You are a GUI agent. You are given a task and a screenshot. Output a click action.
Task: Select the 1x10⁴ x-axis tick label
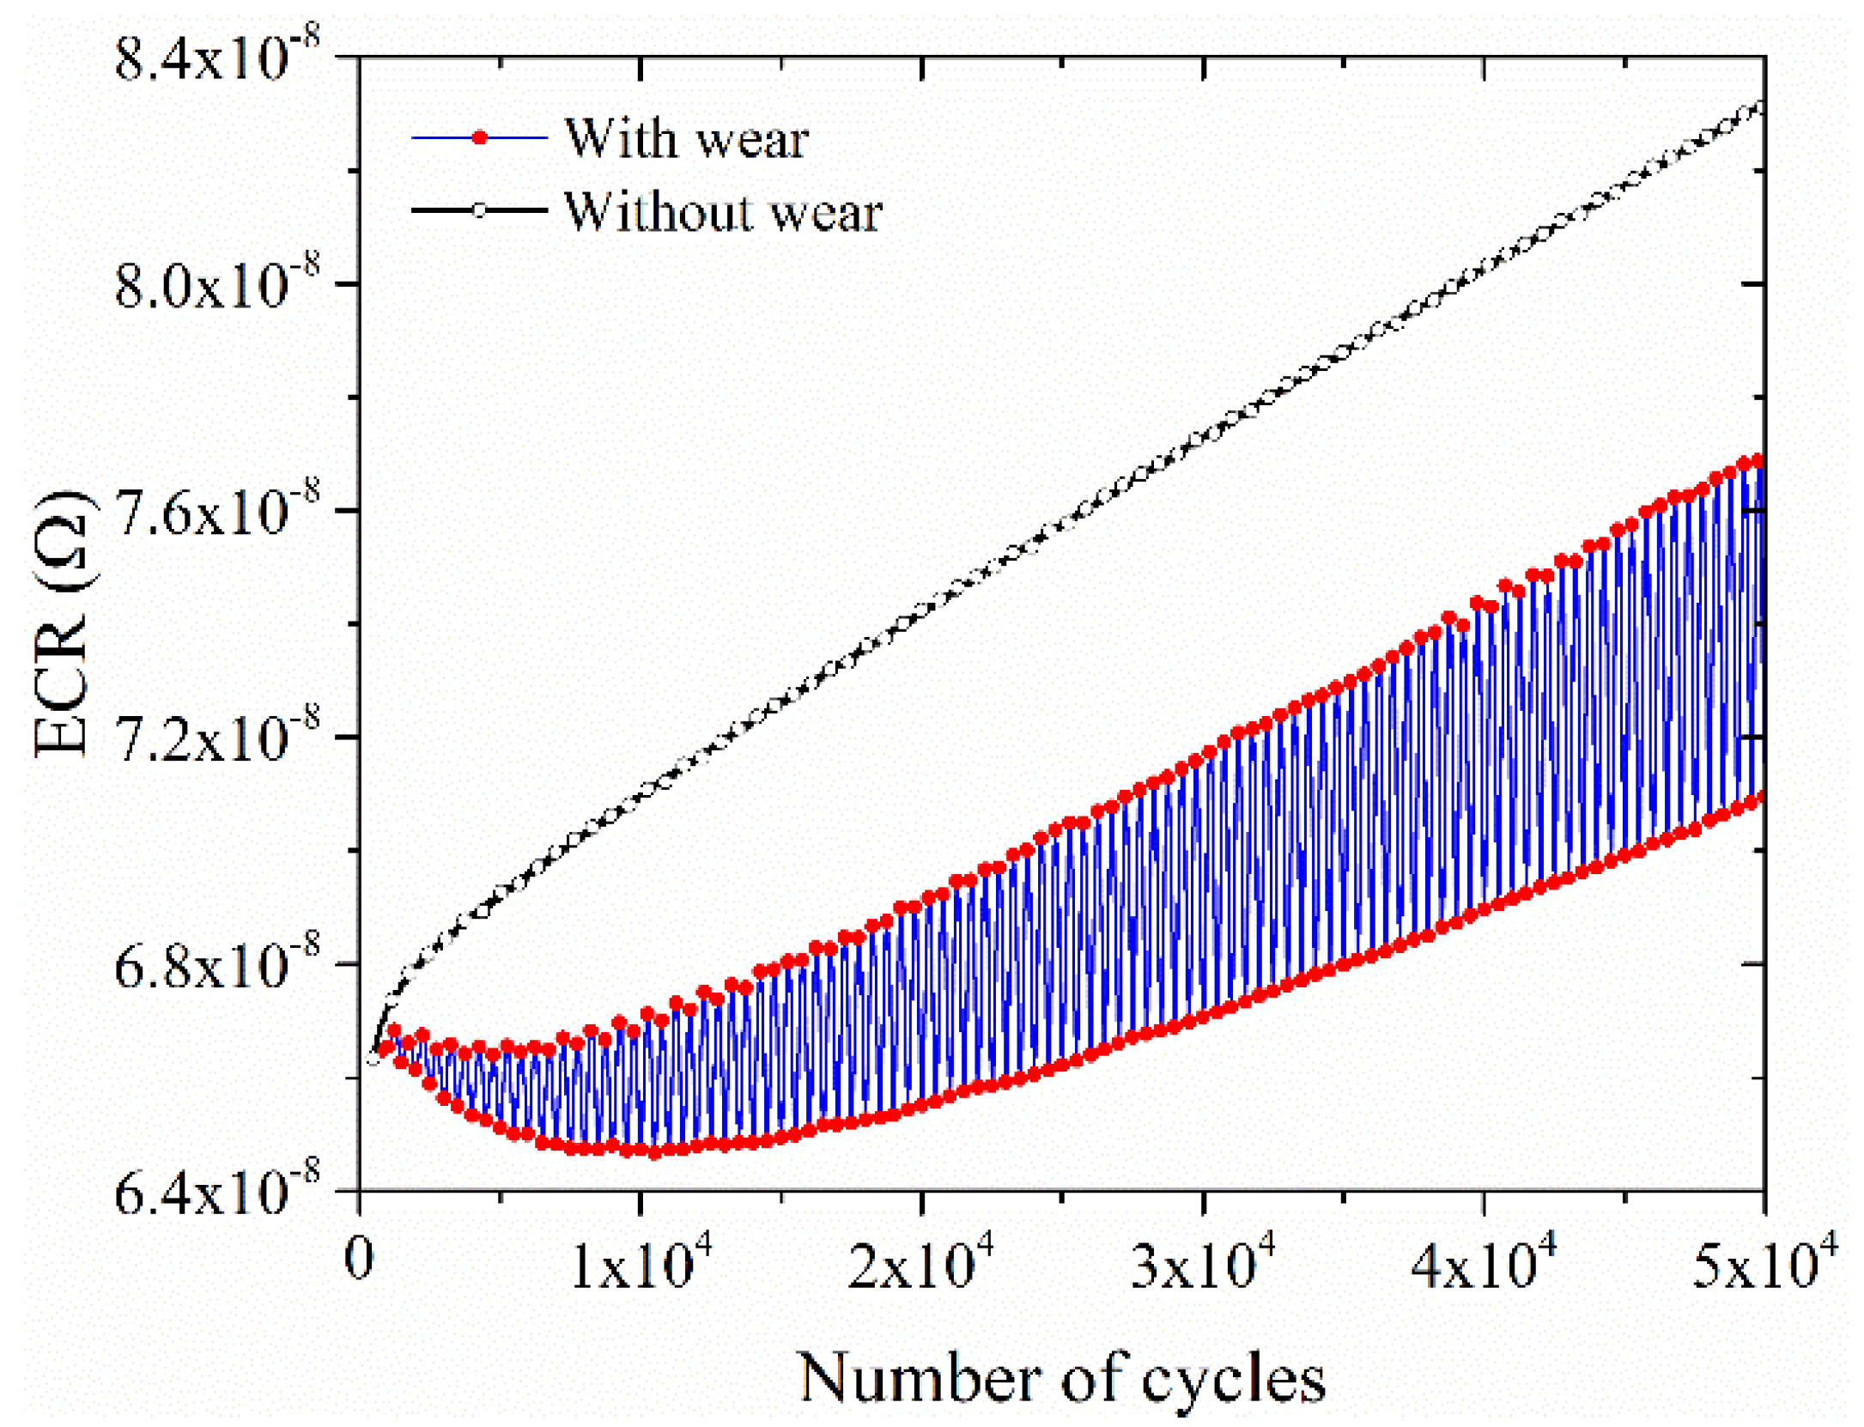(x=641, y=1264)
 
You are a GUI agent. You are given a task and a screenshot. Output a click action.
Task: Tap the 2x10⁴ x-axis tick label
(x=921, y=1264)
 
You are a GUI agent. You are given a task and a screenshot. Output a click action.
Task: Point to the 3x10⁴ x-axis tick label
(x=1203, y=1264)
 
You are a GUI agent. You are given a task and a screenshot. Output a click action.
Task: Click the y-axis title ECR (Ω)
(x=62, y=624)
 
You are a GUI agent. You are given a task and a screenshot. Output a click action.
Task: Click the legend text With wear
(x=687, y=138)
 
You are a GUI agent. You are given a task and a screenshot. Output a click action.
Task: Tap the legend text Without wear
(x=723, y=211)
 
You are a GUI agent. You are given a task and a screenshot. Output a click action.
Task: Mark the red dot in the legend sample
(x=480, y=137)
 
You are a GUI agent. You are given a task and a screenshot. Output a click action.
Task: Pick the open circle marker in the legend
(x=480, y=210)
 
